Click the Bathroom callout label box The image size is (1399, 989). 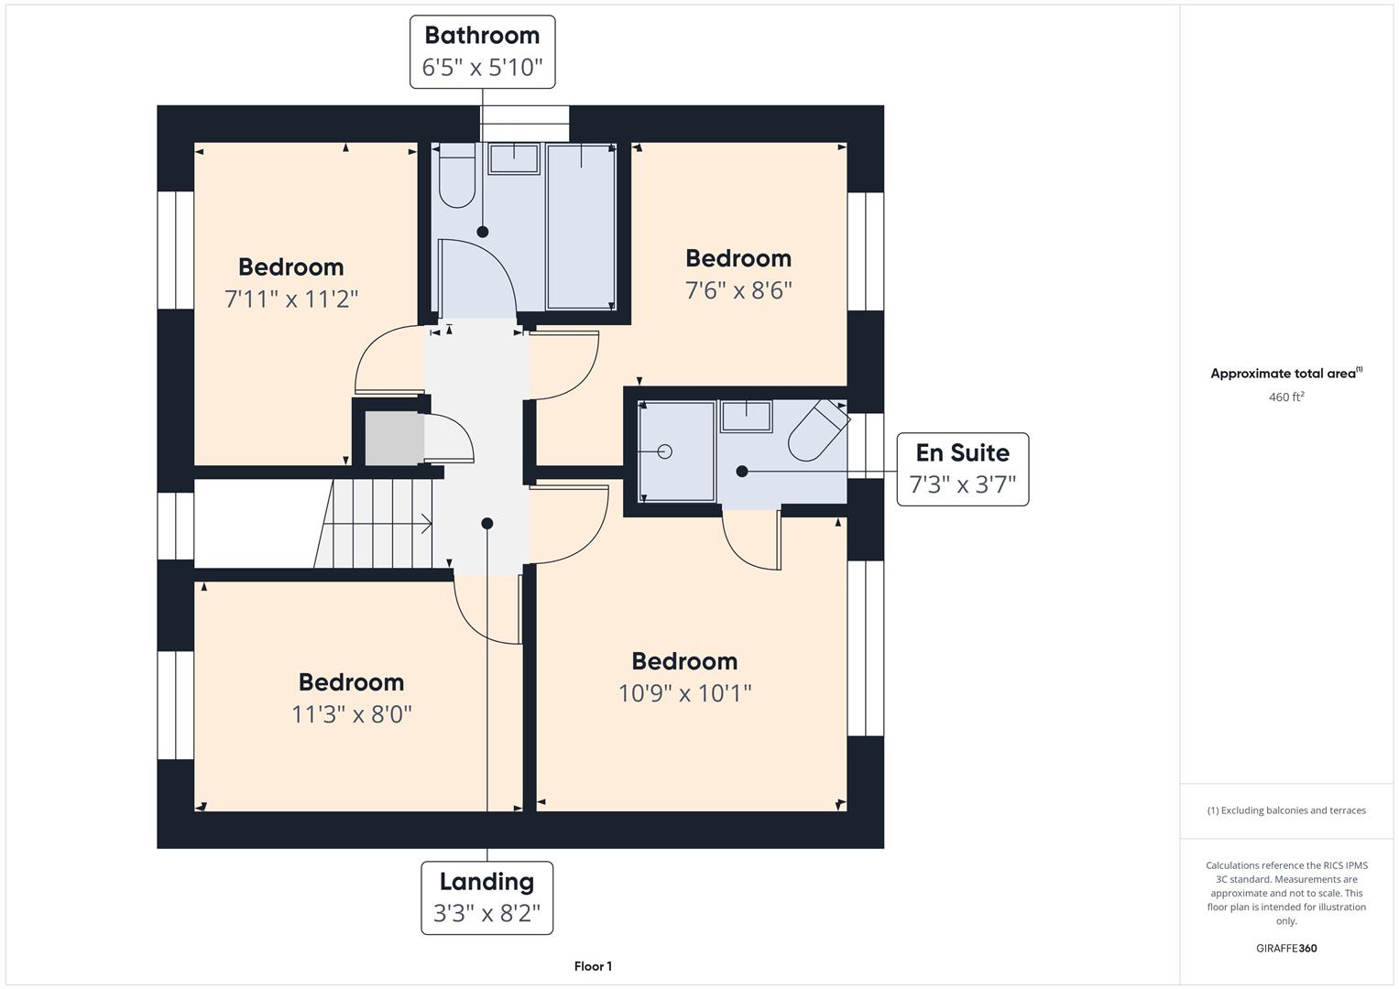[482, 52]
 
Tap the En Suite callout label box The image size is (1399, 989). [962, 469]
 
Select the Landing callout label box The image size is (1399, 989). [487, 897]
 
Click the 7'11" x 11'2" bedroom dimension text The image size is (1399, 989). [291, 299]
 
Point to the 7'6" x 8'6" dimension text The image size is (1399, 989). [738, 290]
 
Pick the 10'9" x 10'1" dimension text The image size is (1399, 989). [684, 693]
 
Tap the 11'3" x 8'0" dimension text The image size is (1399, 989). [352, 713]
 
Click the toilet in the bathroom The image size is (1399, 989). [457, 176]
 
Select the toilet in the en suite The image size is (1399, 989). [819, 430]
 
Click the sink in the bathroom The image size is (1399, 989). [514, 158]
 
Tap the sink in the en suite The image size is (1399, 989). [747, 417]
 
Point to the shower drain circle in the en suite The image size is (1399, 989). [664, 451]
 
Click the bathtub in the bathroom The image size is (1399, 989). [581, 227]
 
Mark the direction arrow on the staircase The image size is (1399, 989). [382, 524]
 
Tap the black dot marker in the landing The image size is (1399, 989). [487, 523]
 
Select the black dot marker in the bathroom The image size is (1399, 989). [482, 232]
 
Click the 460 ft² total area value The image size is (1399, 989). [1286, 397]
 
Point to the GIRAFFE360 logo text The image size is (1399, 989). [1286, 948]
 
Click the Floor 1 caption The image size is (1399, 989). [593, 966]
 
